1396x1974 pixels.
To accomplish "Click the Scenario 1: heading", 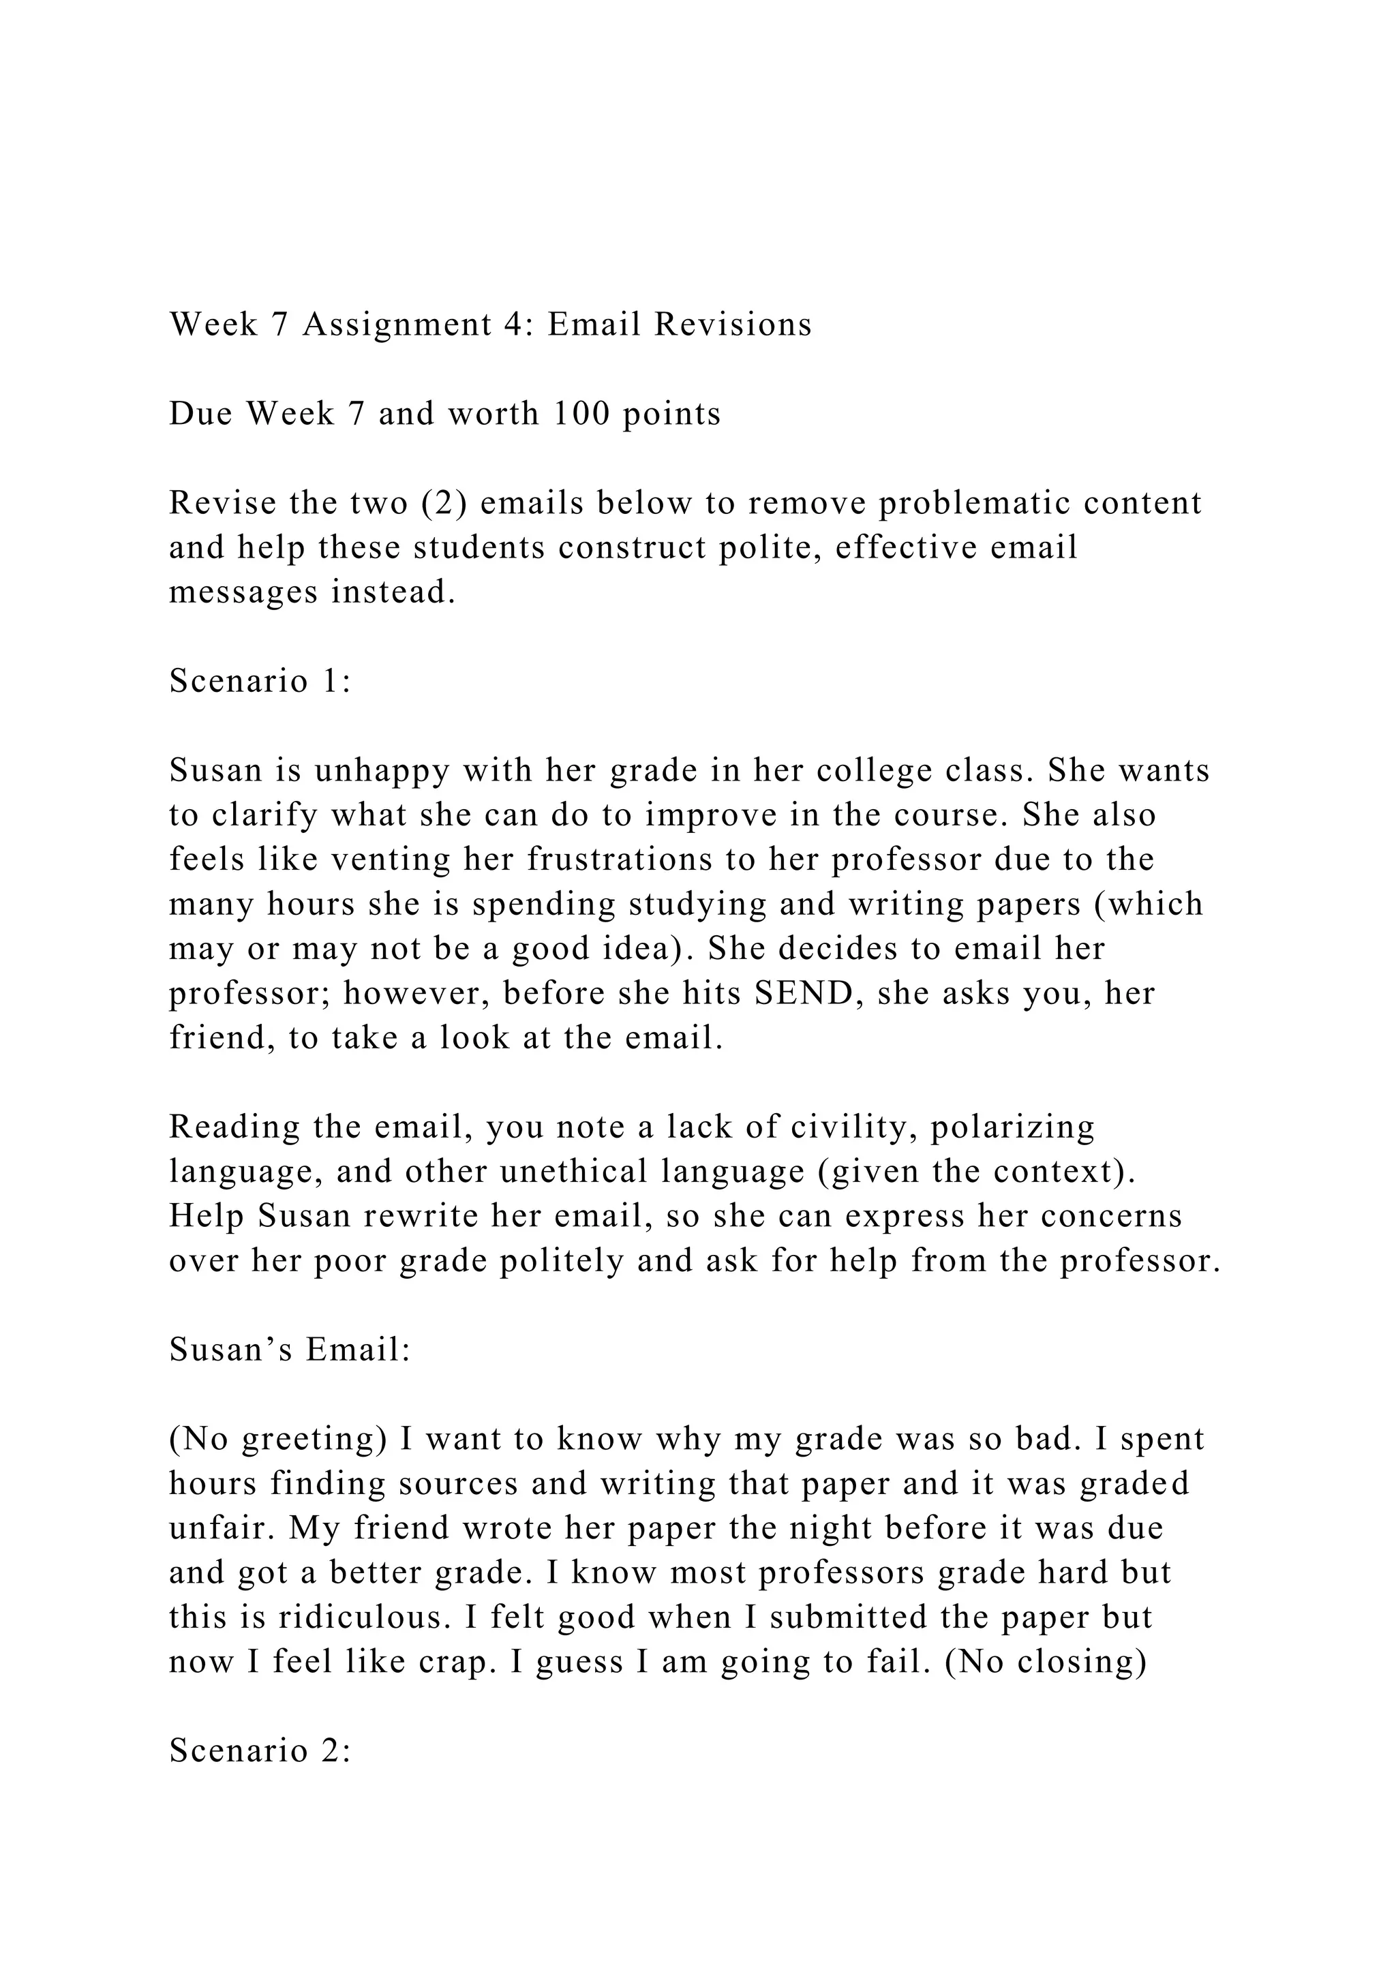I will [x=260, y=681].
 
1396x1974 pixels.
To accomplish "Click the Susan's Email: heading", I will [x=290, y=1350].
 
